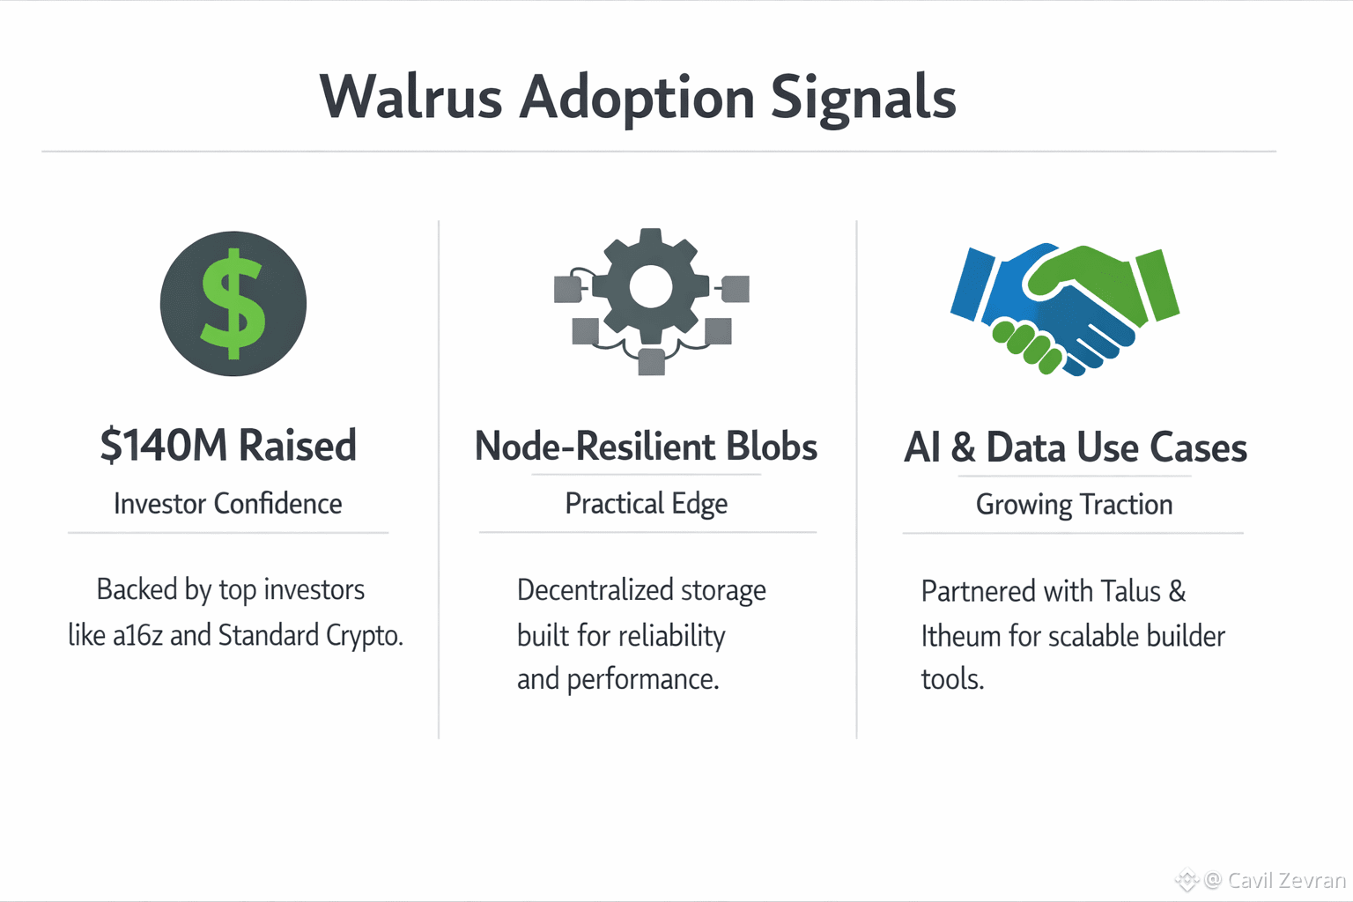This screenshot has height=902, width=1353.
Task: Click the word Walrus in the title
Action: pos(410,97)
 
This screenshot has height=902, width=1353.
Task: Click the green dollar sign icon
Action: pos(233,304)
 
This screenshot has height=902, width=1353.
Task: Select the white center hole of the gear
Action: pos(651,286)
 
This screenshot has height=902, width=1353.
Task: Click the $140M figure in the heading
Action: pos(164,446)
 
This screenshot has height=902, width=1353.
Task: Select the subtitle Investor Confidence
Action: pos(228,504)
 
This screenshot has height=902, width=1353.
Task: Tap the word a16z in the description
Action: pos(138,635)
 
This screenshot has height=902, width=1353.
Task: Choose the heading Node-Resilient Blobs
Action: pos(646,447)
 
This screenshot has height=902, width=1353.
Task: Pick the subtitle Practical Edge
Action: pos(646,504)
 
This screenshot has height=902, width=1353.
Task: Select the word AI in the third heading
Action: pos(922,447)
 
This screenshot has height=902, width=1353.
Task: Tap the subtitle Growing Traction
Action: pos(1074,505)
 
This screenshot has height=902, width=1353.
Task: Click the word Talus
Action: pos(1131,591)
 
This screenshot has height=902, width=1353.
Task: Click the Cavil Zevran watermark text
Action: pos(1286,880)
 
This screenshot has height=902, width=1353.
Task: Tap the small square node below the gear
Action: pos(651,362)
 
